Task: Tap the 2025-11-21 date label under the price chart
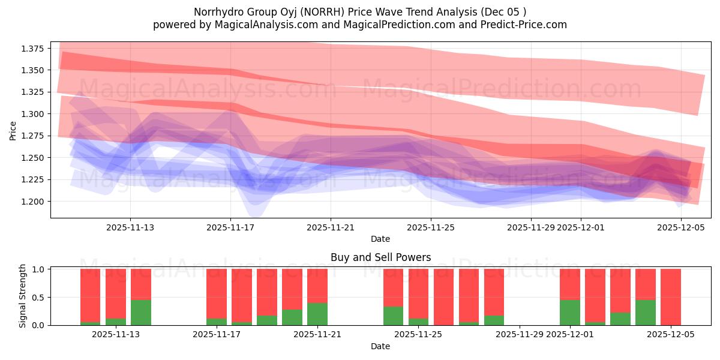tap(331, 227)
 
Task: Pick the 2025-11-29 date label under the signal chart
tap(519, 335)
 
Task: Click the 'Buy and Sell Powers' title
tap(380, 257)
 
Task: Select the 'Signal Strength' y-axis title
tap(23, 296)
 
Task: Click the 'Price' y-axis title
tap(13, 130)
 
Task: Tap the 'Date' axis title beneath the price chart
tap(380, 239)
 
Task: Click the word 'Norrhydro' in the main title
tap(216, 12)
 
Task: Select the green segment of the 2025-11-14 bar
tap(141, 313)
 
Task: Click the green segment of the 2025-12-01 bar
tap(570, 313)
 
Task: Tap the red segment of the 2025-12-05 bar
tap(671, 296)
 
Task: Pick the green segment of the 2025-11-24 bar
tap(393, 316)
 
